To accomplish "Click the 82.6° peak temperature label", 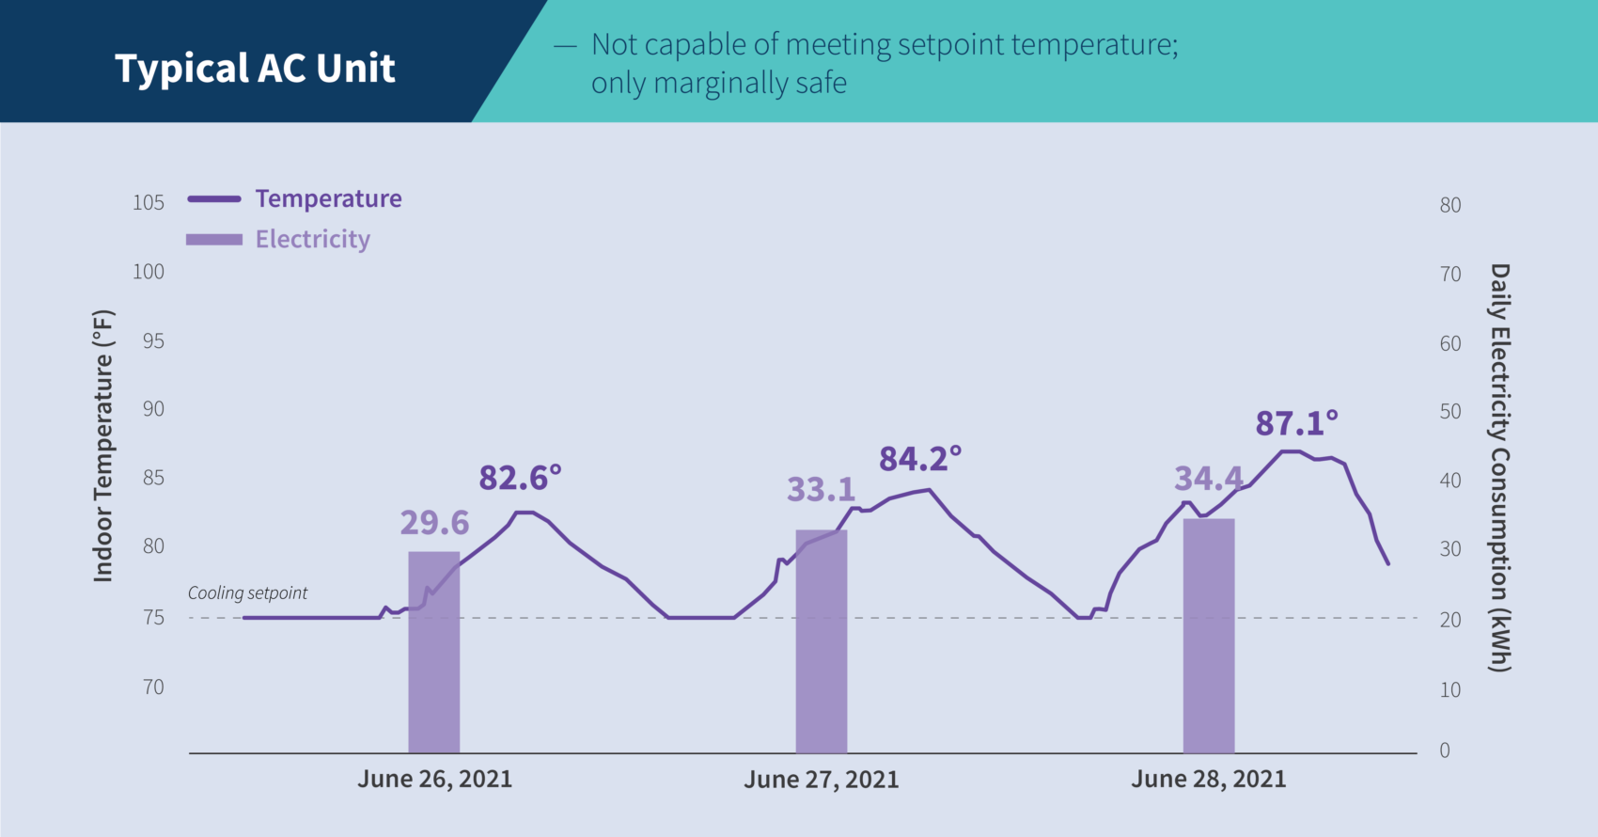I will [520, 478].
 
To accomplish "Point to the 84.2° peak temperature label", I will [920, 459].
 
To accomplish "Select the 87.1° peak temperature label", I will [1296, 423].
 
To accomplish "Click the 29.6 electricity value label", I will [434, 523].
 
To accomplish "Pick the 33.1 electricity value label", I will [821, 490].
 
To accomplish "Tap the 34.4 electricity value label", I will [1208, 479].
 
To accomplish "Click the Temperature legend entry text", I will [328, 198].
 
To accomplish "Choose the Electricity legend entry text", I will [312, 239].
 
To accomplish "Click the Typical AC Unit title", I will [255, 69].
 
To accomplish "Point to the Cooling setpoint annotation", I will [247, 593].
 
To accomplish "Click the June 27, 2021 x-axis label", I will [821, 780].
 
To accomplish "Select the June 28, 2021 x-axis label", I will [1208, 780].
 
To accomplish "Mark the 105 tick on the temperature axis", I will [149, 203].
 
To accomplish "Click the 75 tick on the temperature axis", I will [153, 618].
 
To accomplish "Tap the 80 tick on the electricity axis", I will [1449, 205].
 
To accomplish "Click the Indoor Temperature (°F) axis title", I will [102, 446].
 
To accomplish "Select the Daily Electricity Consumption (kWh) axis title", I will [1499, 467].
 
